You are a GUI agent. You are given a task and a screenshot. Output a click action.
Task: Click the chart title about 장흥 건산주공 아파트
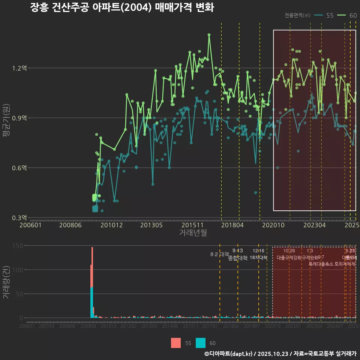pyautogui.click(x=122, y=7)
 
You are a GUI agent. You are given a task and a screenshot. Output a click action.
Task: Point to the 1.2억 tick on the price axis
pyautogui.click(x=19, y=68)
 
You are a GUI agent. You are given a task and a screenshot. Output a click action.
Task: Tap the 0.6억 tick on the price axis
pyautogui.click(x=19, y=168)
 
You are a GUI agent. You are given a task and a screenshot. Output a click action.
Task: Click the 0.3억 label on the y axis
pyautogui.click(x=19, y=217)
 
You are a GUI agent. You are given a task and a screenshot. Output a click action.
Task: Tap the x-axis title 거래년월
pyautogui.click(x=193, y=233)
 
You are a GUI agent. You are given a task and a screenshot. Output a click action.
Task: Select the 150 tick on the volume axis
pyautogui.click(x=19, y=246)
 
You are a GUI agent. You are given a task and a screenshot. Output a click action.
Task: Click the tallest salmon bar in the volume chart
pyautogui.click(x=92, y=262)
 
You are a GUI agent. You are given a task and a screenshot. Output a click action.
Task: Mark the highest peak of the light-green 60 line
pyautogui.click(x=209, y=35)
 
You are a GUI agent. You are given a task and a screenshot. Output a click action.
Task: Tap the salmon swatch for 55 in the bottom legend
pyautogui.click(x=175, y=343)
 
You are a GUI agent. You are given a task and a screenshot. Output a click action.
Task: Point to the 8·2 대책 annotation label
pyautogui.click(x=220, y=255)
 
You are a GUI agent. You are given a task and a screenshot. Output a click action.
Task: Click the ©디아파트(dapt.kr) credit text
pyautogui.click(x=229, y=354)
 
